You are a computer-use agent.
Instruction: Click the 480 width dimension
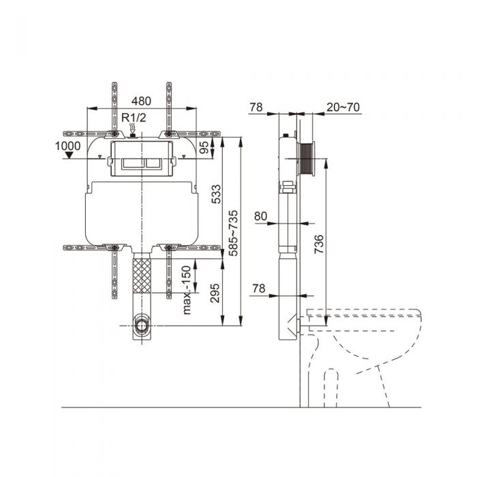coord(142,99)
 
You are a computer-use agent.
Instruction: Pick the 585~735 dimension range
coord(234,232)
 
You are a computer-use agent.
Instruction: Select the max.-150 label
coord(185,289)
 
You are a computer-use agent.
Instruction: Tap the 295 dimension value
coord(216,293)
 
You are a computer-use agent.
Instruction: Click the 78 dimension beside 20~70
coord(256,106)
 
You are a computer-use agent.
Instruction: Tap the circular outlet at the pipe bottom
coord(141,324)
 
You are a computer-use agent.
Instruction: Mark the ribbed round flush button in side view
coord(309,159)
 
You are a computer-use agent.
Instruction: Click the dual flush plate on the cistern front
coord(141,164)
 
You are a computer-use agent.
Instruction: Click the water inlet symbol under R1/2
coord(134,128)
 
